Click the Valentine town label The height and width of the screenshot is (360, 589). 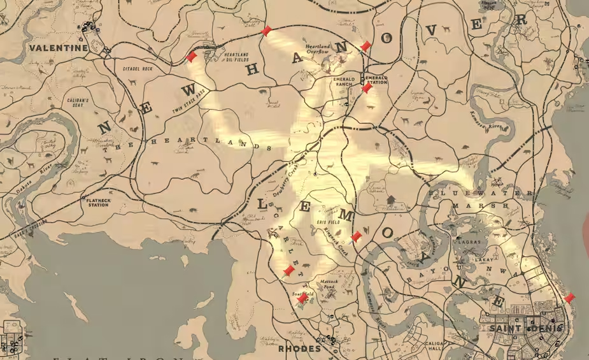coord(58,48)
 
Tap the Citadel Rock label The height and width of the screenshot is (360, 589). coord(138,68)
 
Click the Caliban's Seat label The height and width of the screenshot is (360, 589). coord(81,103)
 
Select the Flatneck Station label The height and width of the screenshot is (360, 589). coord(99,203)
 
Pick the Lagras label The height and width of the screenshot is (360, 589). coord(463,243)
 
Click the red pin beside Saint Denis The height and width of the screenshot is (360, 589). coord(569,298)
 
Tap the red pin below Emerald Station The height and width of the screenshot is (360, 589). coord(367,89)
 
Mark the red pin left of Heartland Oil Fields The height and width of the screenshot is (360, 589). coord(190,57)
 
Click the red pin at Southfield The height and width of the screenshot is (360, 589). coord(303,298)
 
